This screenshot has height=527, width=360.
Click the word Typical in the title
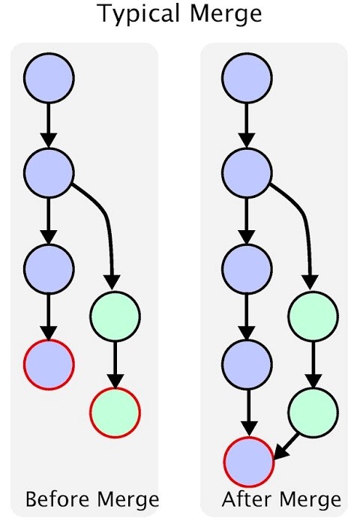(x=139, y=14)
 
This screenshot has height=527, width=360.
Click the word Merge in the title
(x=226, y=14)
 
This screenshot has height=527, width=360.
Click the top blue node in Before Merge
(x=49, y=78)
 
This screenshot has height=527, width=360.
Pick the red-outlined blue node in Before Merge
(x=49, y=364)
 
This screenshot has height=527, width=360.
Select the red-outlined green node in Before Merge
(x=115, y=412)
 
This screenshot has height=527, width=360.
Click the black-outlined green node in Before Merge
(x=115, y=316)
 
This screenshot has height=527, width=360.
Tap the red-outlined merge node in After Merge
(x=249, y=462)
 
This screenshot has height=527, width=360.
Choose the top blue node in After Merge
(x=247, y=78)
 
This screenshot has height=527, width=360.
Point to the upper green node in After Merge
(x=313, y=316)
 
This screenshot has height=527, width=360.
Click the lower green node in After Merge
(x=313, y=412)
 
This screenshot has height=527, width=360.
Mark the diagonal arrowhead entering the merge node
(x=282, y=451)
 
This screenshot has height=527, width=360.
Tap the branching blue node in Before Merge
(x=49, y=172)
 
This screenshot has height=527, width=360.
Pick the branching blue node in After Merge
(x=247, y=172)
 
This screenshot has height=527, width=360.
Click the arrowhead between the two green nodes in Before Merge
(x=115, y=381)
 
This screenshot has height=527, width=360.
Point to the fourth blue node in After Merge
(x=247, y=364)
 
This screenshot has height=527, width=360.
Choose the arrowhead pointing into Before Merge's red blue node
(x=49, y=334)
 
